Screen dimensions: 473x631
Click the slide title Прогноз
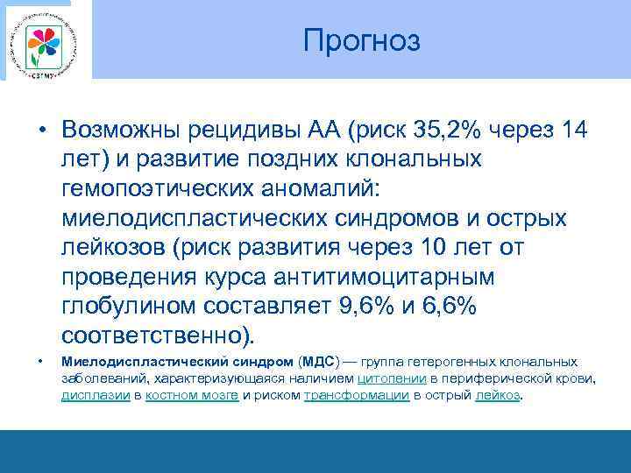pos(362,41)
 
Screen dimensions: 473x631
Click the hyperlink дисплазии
pos(95,395)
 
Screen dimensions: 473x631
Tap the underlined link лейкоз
pos(497,395)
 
